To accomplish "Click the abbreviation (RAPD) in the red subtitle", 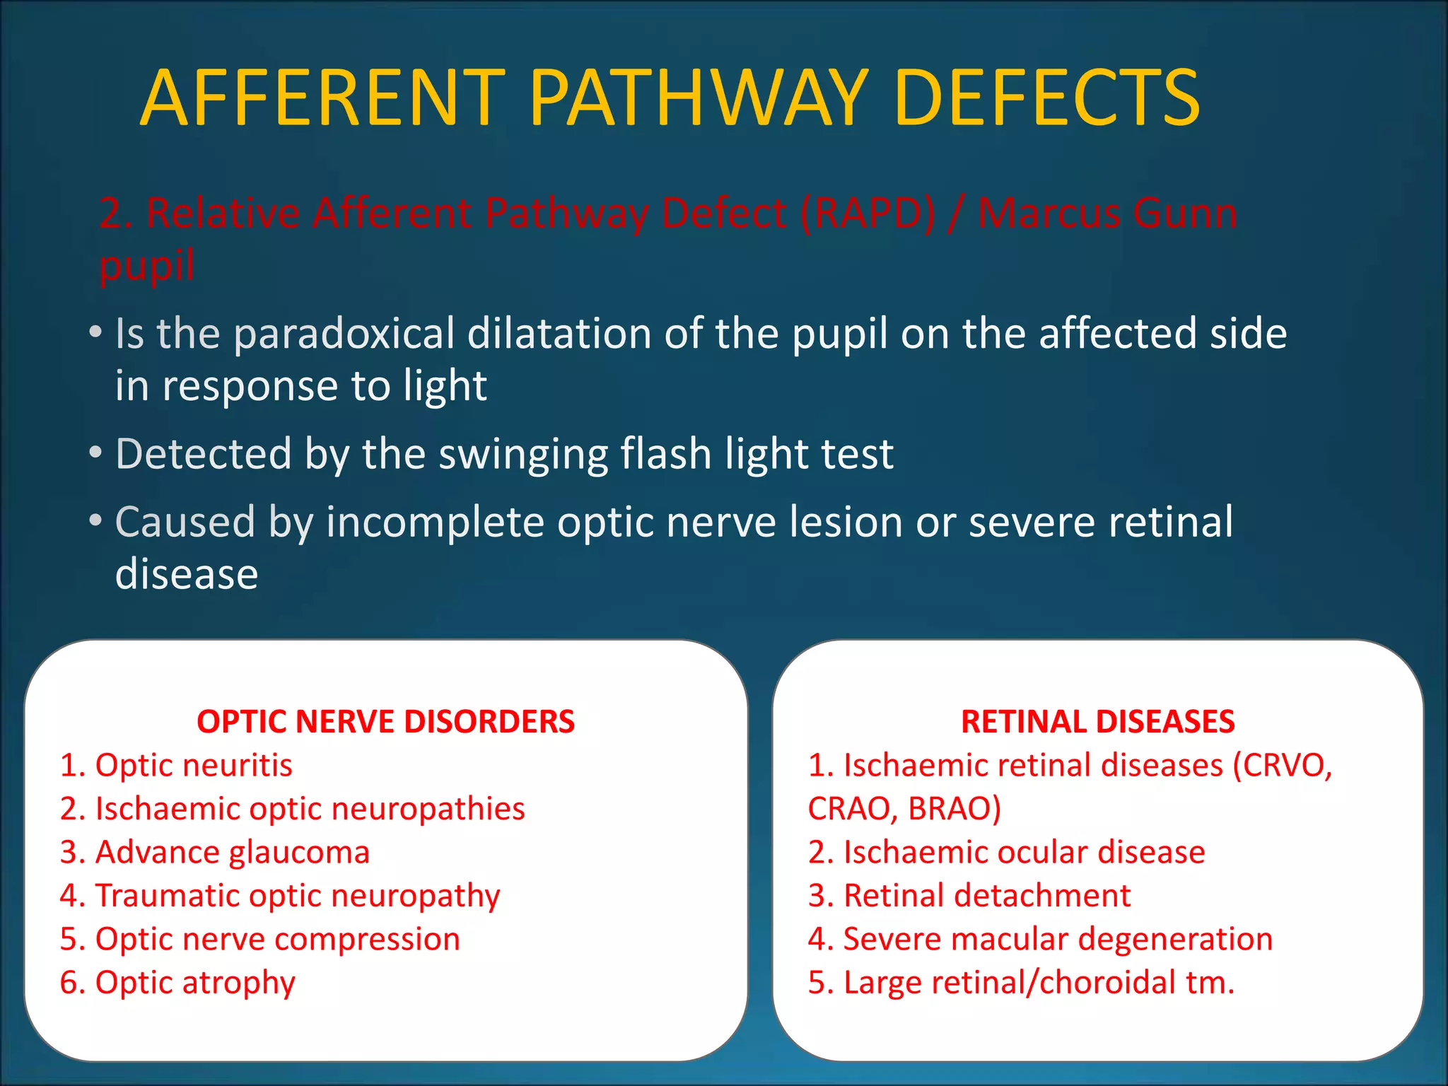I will (868, 213).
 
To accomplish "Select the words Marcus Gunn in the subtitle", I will (1107, 213).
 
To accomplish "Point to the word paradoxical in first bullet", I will (344, 334).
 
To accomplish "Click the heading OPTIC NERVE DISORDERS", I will (385, 722).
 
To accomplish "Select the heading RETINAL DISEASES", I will (1097, 722).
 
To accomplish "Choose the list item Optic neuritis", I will (177, 766).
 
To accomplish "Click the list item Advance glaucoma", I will (215, 853).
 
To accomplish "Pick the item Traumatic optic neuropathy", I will (280, 897).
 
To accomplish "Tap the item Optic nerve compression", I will (260, 940).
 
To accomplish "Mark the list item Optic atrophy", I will (178, 983).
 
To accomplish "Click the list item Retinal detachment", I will (969, 896).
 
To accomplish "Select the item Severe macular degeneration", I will (1040, 940).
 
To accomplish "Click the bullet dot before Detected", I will (95, 453).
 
